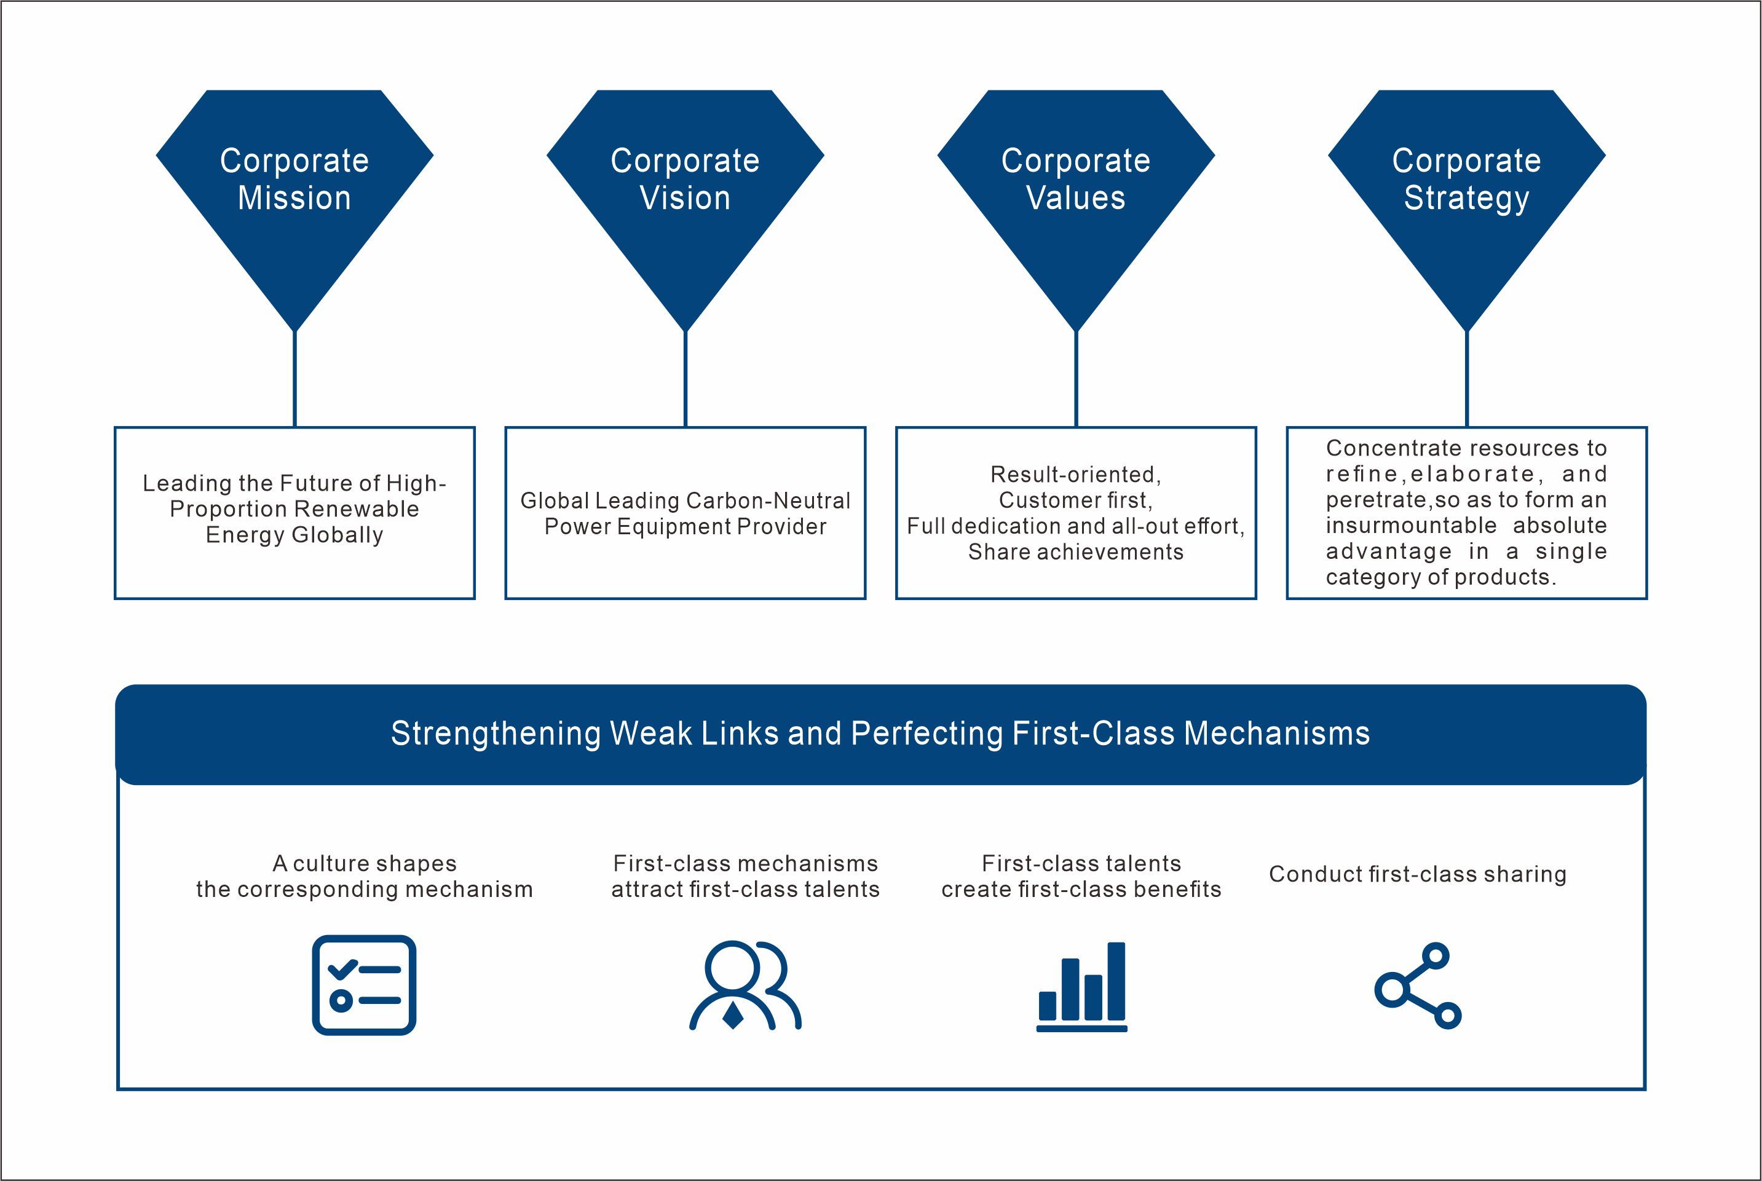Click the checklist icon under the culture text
click(365, 984)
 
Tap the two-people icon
click(746, 985)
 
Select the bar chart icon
click(1082, 986)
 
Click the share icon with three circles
click(1418, 985)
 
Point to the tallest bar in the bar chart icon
click(1116, 981)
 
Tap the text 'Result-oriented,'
click(1076, 475)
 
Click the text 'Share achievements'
click(1076, 552)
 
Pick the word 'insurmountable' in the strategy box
click(1411, 526)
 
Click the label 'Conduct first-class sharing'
click(1418, 874)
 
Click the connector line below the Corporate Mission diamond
click(294, 379)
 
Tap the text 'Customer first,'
click(1076, 500)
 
